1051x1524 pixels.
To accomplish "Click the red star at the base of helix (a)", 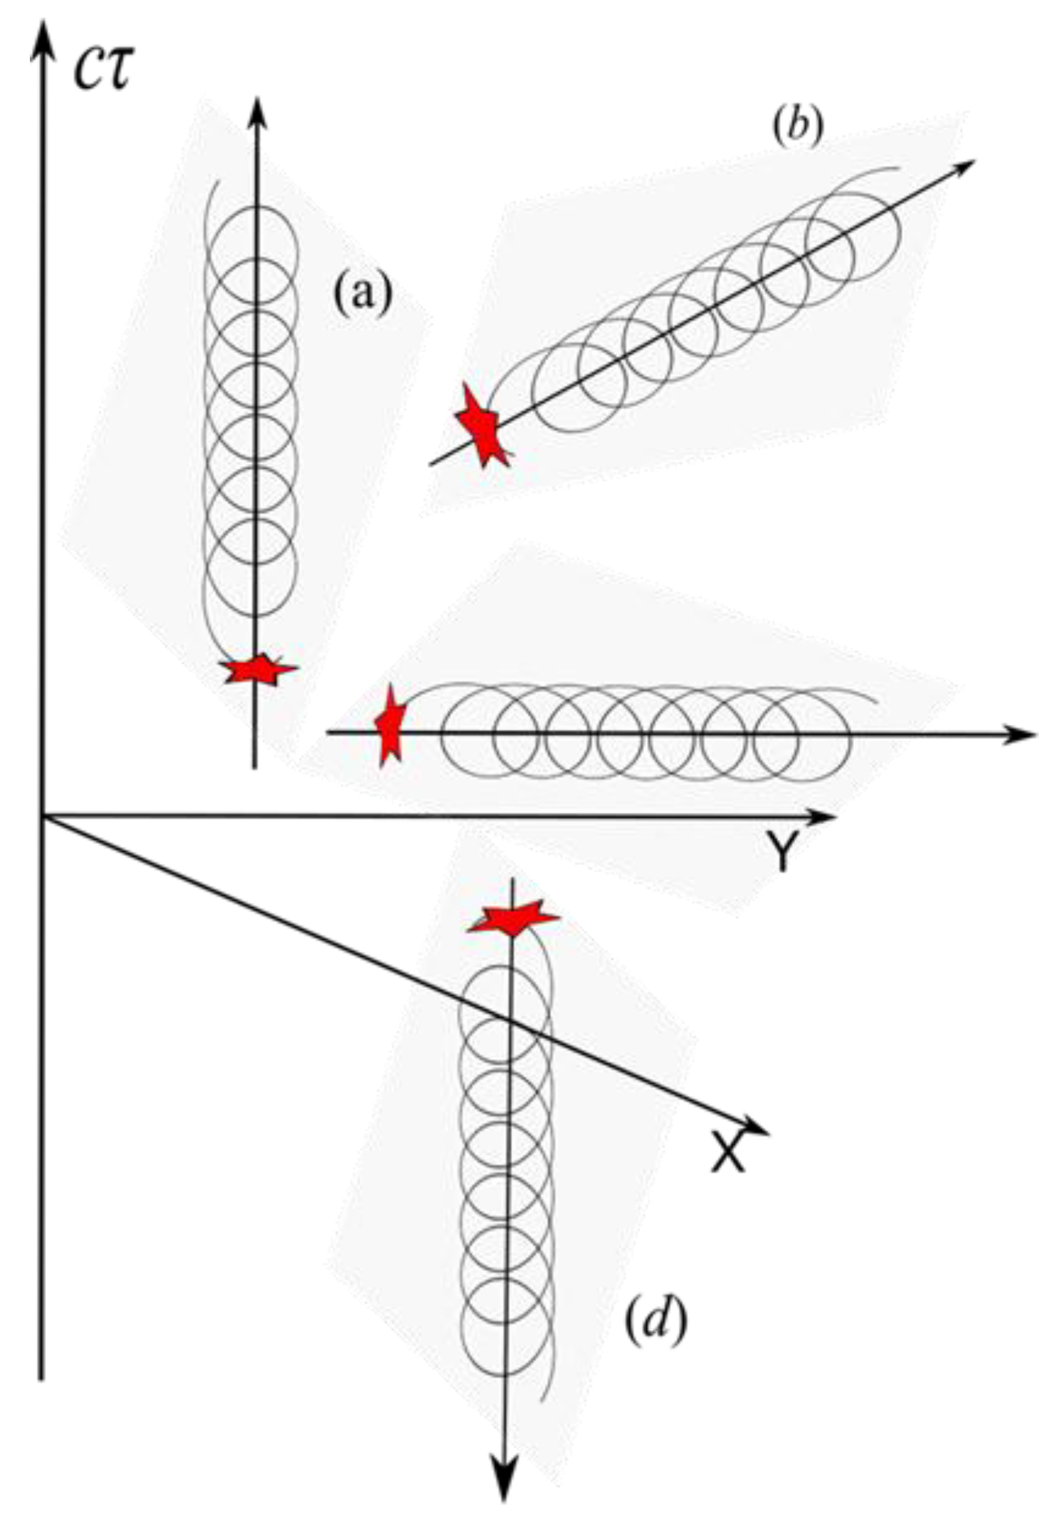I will pos(259,670).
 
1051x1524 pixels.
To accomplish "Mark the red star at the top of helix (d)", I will pos(513,917).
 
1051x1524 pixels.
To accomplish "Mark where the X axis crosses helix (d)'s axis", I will pos(508,1019).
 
